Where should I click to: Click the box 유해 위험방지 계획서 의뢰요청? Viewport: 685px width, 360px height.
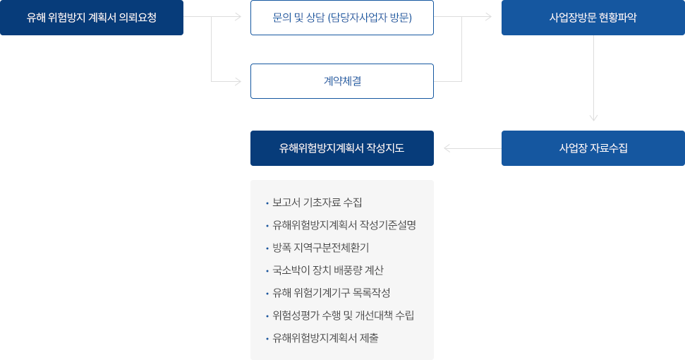click(92, 18)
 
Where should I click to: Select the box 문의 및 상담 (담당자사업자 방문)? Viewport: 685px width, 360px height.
click(341, 18)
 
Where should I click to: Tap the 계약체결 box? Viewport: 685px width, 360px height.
click(341, 81)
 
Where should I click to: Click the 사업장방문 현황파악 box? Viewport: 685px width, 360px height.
click(593, 18)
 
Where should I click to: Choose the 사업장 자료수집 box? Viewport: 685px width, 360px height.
click(593, 148)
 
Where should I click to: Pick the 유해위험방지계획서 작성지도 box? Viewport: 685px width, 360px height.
click(341, 148)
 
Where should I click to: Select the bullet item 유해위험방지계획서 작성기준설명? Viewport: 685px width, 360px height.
click(344, 225)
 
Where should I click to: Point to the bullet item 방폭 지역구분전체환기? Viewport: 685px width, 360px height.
click(320, 248)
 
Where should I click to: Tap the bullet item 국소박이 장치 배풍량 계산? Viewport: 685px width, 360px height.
click(328, 270)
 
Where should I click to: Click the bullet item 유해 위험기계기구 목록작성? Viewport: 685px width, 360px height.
click(331, 293)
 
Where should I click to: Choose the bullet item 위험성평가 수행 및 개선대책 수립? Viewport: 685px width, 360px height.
click(343, 316)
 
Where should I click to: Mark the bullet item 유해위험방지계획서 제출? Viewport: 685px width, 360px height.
click(325, 338)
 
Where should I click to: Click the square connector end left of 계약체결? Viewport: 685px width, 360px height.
click(238, 82)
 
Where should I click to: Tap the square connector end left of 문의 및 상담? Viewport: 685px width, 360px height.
click(238, 17)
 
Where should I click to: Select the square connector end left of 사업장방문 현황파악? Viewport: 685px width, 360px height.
click(489, 17)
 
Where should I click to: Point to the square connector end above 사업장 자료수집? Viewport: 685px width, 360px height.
click(593, 118)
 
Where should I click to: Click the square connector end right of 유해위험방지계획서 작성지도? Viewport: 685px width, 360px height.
click(447, 148)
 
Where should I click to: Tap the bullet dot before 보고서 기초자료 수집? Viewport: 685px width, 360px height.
click(267, 203)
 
